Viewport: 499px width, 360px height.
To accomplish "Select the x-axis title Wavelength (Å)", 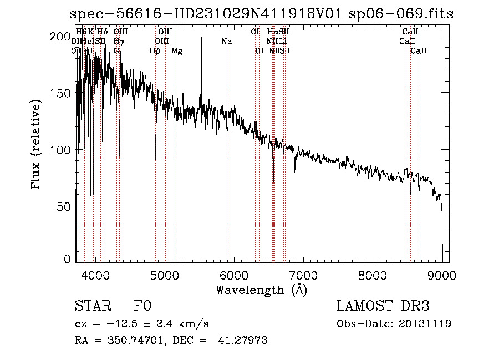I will [x=261, y=290].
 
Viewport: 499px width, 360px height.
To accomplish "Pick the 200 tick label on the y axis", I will [x=62, y=37].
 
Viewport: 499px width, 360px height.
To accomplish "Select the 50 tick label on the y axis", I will [x=65, y=206].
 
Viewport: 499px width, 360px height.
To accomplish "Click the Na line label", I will [x=226, y=42].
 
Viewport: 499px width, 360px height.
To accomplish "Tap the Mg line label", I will [x=177, y=51].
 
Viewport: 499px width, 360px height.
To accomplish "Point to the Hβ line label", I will [x=155, y=51].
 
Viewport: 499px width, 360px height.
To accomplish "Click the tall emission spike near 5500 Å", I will [x=201, y=36].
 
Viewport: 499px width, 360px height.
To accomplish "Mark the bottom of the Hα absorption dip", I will [x=273, y=181].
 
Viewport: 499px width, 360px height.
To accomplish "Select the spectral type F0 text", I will [x=142, y=306].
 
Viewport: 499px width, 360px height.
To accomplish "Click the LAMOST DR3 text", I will [x=383, y=306].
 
